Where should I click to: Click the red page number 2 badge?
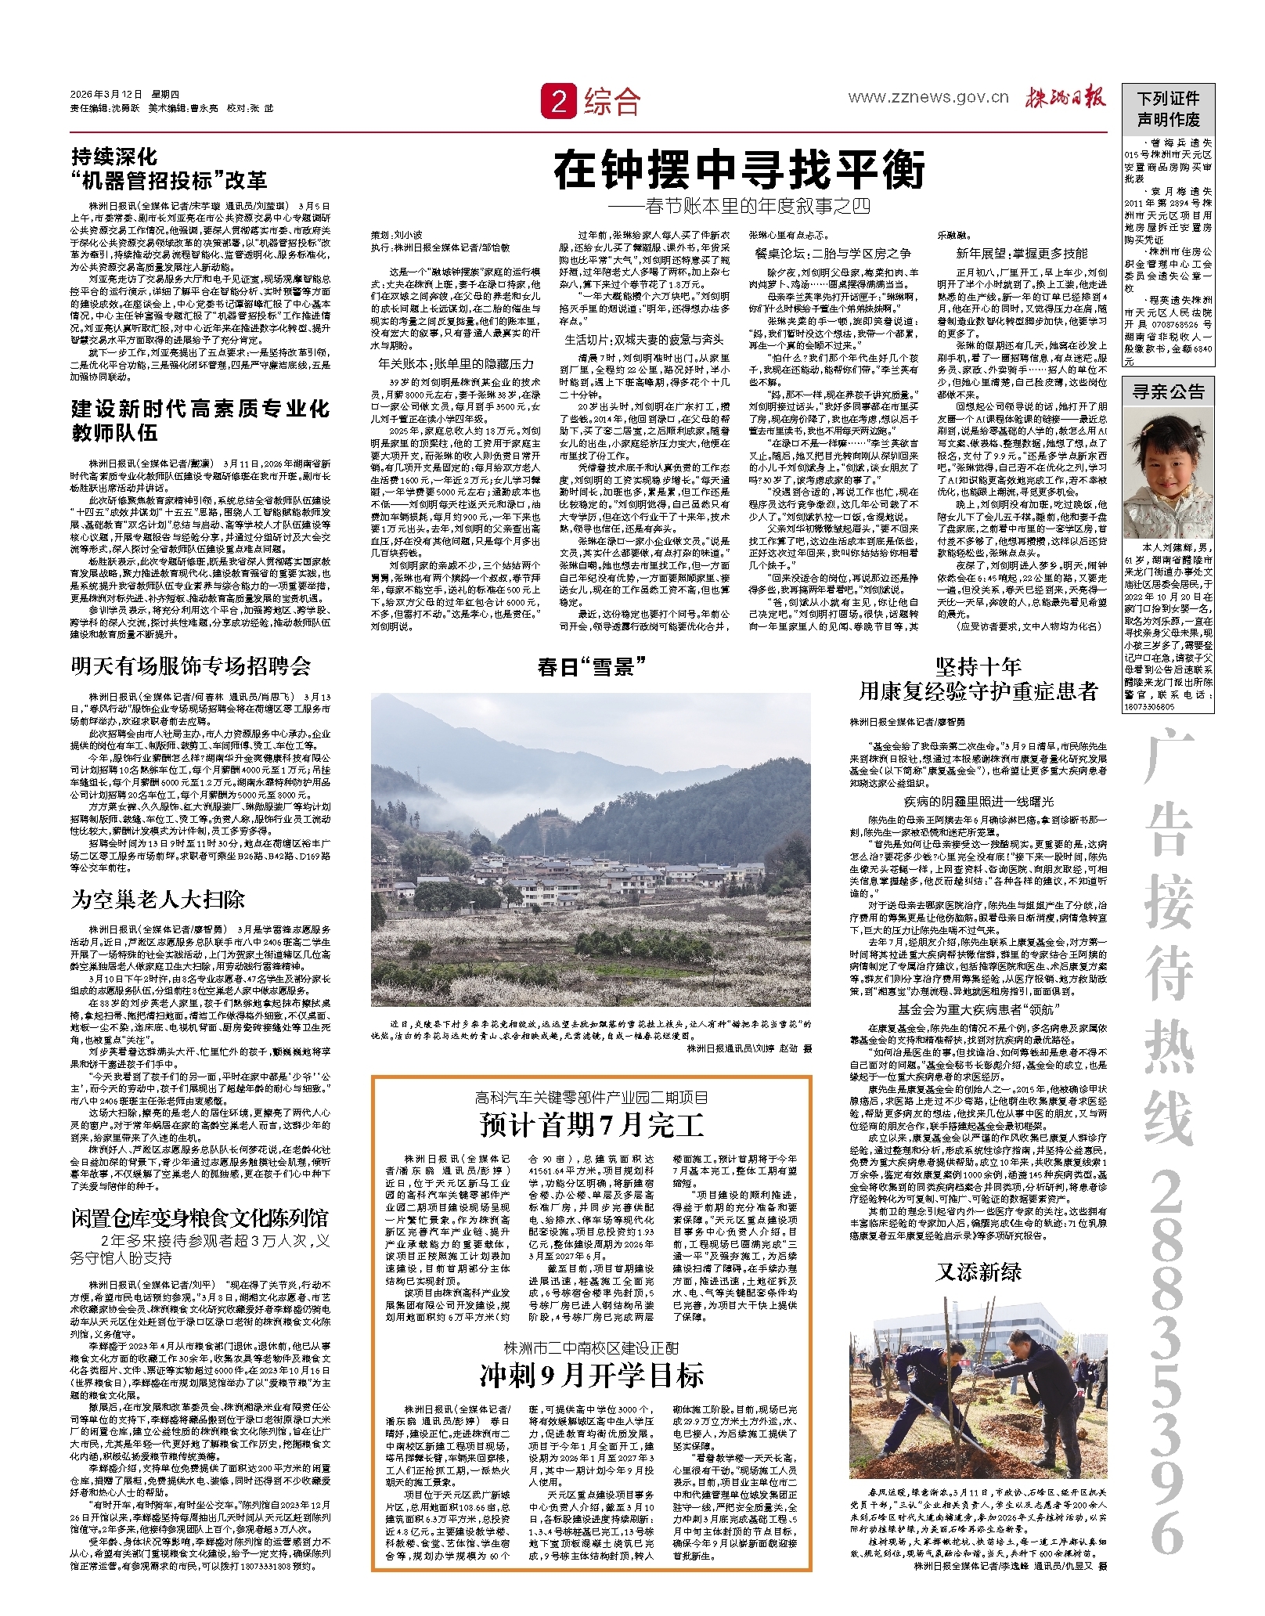tap(558, 103)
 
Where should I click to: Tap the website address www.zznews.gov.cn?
tap(928, 98)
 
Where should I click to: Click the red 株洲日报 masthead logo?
tap(1065, 97)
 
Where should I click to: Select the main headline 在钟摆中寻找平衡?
tap(739, 170)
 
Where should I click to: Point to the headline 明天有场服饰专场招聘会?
tap(191, 666)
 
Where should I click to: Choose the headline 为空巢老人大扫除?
tap(158, 899)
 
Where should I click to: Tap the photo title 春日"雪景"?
tap(591, 666)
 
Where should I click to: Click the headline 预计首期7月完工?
tap(591, 1125)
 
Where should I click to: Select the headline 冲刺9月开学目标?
tap(591, 1376)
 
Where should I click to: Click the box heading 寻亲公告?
tap(1168, 391)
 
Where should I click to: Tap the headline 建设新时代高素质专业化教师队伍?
tap(200, 420)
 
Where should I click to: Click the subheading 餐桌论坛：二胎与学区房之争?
tap(833, 253)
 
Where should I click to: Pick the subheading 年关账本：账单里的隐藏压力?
tap(456, 363)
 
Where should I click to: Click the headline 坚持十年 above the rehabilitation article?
tap(978, 666)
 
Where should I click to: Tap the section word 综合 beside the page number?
tap(612, 103)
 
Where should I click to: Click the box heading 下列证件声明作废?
tap(1168, 109)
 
